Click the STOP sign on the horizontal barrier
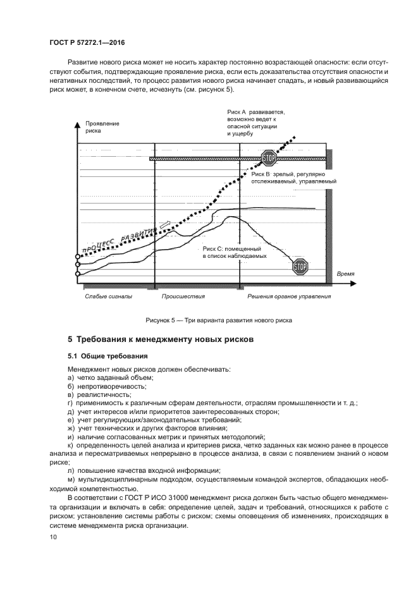point(269,158)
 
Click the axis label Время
point(345,273)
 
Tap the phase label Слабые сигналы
point(109,295)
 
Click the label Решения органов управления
point(288,295)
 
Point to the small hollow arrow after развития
point(166,224)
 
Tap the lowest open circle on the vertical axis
point(78,274)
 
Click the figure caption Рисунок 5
point(209,320)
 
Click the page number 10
point(53,537)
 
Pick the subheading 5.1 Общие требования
point(108,356)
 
